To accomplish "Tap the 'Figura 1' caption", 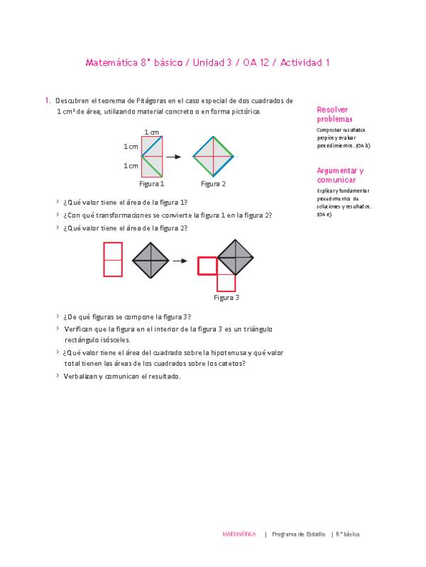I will (x=152, y=184).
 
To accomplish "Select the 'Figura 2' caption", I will (x=213, y=184).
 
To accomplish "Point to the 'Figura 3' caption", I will (x=226, y=298).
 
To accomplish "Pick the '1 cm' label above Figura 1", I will (x=151, y=133).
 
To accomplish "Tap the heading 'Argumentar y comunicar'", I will (x=340, y=176).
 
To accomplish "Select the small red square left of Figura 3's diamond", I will (x=207, y=266).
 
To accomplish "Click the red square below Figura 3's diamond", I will (x=226, y=282).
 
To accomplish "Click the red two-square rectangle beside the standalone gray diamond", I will (x=114, y=259).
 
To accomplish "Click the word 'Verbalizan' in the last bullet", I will (x=82, y=376).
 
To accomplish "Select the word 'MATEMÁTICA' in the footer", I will (x=239, y=534).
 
